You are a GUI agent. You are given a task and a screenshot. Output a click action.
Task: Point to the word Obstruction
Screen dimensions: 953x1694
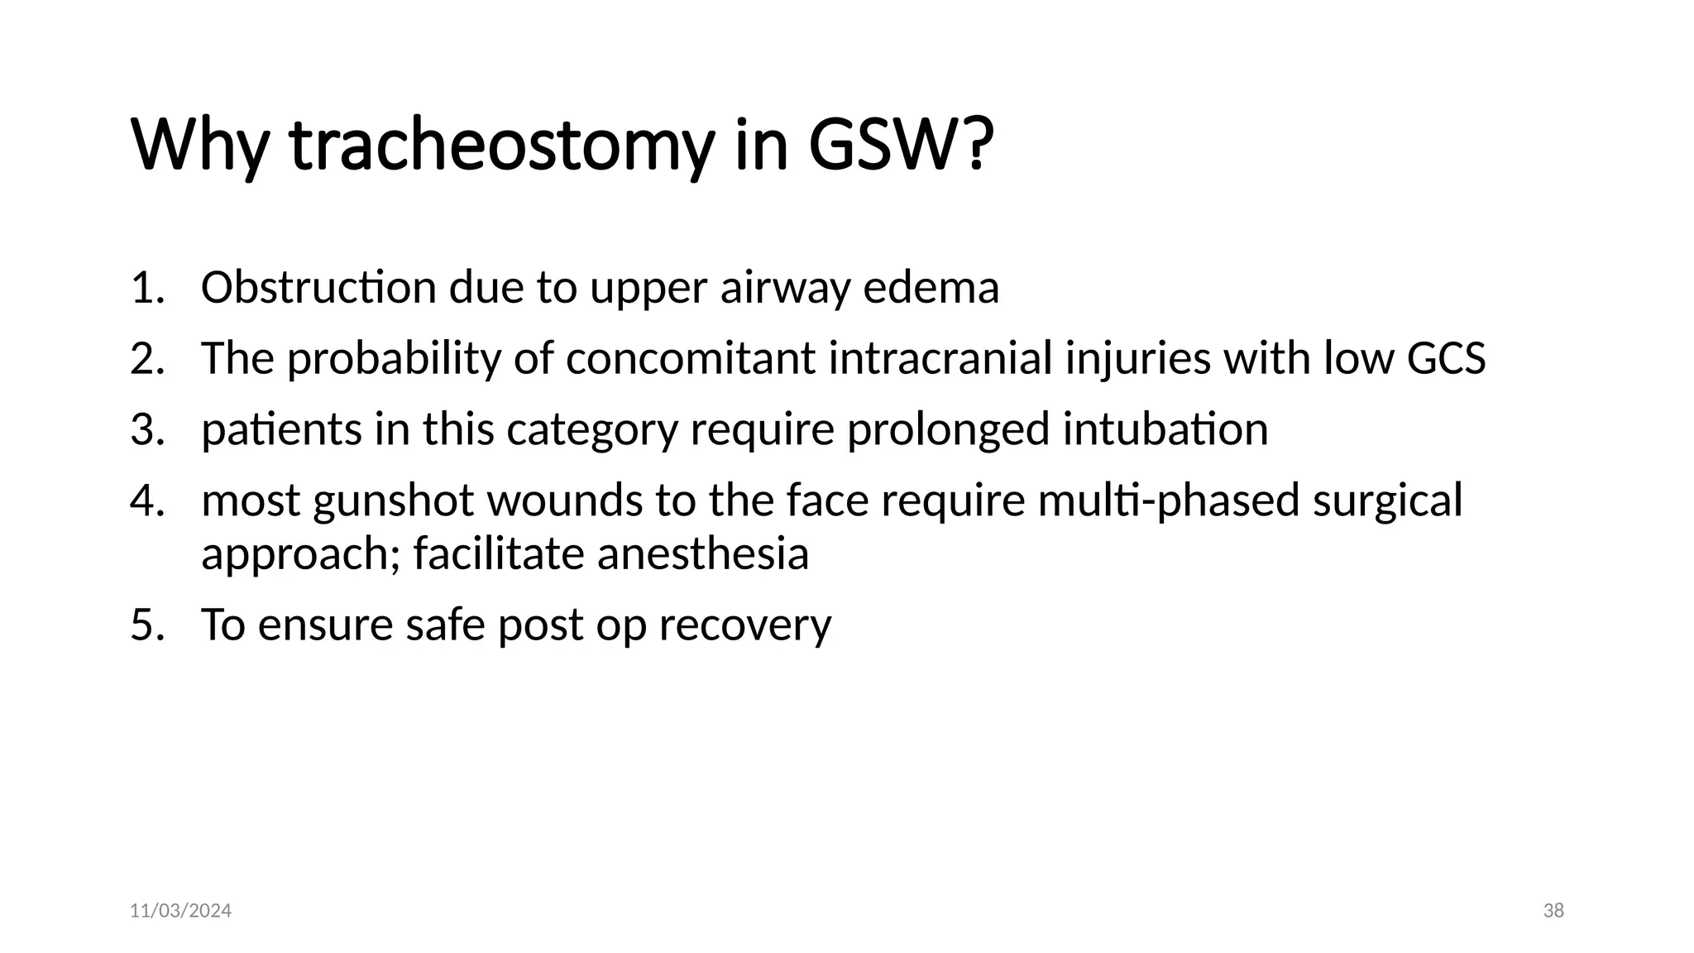click(x=318, y=288)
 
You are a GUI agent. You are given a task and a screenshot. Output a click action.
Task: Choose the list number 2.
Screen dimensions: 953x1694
click(x=146, y=359)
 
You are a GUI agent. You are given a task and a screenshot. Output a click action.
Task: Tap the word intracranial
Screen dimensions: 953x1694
click(x=940, y=359)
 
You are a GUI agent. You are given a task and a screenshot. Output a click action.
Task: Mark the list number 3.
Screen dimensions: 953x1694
click(x=146, y=429)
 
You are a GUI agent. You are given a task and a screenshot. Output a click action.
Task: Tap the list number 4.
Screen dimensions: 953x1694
click(x=146, y=500)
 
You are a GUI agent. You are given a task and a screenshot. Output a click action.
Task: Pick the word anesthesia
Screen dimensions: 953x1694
click(x=702, y=553)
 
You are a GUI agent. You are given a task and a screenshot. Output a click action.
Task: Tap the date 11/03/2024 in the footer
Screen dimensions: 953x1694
click(x=180, y=911)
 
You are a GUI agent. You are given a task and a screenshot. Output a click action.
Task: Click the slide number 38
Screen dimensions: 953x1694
click(x=1553, y=911)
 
